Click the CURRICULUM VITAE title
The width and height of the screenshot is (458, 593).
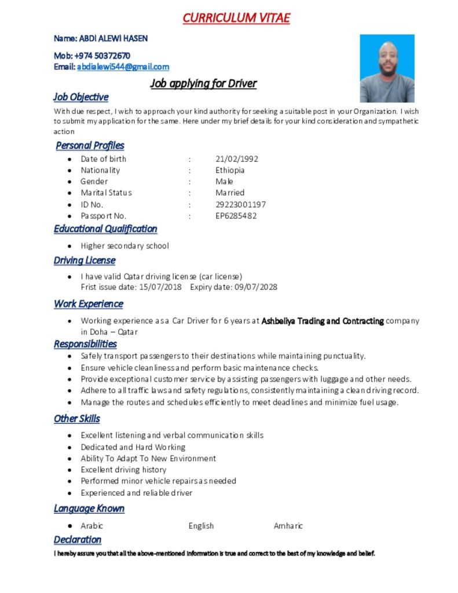(236, 18)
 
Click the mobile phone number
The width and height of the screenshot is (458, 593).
(102, 56)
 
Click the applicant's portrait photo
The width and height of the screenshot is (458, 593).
(387, 68)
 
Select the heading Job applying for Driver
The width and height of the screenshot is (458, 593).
(203, 83)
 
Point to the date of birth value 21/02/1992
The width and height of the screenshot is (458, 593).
(237, 159)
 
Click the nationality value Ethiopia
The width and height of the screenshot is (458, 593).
(230, 170)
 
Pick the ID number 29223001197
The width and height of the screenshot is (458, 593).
(241, 204)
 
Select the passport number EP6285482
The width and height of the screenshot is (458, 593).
(236, 216)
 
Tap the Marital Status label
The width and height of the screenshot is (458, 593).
(106, 193)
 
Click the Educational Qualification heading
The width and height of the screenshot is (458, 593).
(105, 229)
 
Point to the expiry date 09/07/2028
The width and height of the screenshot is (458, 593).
(256, 287)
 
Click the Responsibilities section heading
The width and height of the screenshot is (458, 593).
(85, 344)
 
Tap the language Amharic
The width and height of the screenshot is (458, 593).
(288, 526)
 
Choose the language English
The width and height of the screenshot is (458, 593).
(201, 526)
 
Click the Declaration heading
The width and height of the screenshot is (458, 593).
(78, 540)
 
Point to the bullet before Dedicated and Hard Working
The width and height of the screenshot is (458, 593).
(69, 447)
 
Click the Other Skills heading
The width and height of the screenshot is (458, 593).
(77, 419)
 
